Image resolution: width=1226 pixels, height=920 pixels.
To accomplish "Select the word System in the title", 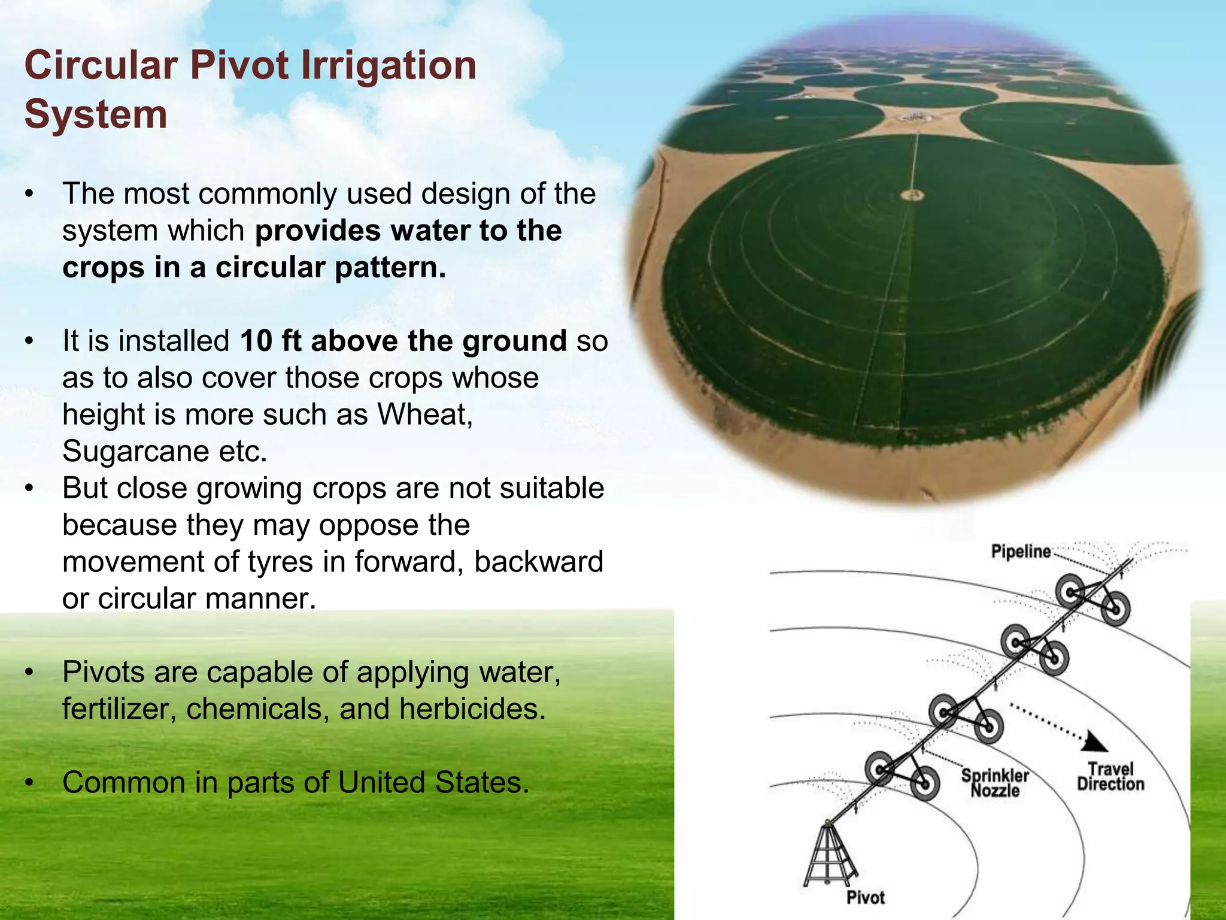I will [96, 114].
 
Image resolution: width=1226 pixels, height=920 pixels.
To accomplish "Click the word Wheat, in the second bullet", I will [425, 414].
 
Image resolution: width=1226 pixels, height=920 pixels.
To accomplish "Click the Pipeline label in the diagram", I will [1021, 552].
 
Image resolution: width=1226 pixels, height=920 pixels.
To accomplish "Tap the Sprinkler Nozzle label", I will [995, 783].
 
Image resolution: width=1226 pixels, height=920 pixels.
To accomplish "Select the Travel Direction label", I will [1110, 776].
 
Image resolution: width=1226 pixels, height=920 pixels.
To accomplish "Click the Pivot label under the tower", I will [865, 897].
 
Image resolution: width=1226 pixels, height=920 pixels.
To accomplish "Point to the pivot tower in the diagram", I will [829, 854].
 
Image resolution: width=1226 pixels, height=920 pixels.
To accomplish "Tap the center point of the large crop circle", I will [911, 195].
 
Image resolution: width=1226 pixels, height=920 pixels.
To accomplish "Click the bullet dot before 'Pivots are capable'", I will [28, 673].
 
